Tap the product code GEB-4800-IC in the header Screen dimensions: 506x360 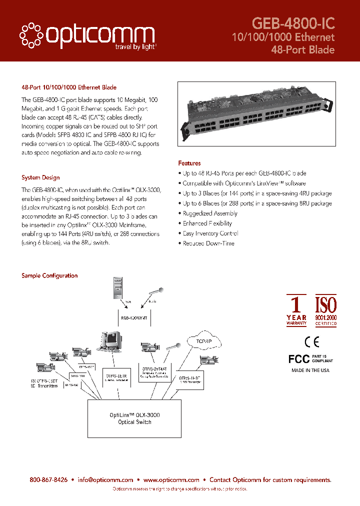(x=293, y=23)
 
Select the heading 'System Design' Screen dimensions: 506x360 (x=40, y=177)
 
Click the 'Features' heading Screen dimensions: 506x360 (x=189, y=163)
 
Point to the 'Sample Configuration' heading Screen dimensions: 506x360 (x=49, y=275)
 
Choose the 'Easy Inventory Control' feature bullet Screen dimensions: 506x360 (x=210, y=233)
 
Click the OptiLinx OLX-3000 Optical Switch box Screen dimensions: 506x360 (x=134, y=418)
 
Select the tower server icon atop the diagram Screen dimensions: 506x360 (x=117, y=288)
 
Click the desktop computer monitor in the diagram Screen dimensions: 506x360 (x=111, y=341)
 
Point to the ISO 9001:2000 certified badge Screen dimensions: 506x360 (x=325, y=310)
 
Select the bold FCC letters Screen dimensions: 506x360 (x=299, y=359)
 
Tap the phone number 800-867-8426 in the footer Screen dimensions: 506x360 (x=48, y=480)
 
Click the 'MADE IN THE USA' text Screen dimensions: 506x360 (x=310, y=370)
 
